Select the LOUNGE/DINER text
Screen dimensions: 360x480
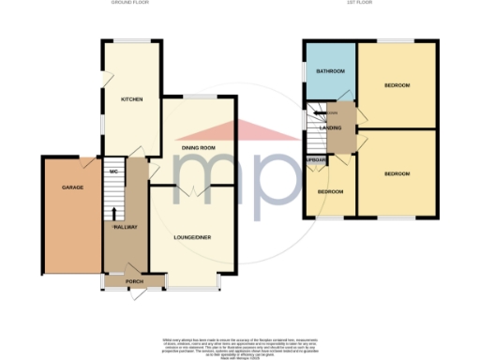point(192,237)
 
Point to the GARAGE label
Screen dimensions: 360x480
point(73,187)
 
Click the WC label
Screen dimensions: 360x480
point(112,172)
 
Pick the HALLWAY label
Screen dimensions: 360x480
point(126,227)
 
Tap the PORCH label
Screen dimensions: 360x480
point(120,280)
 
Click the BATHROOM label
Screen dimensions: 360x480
point(329,72)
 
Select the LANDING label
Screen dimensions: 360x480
point(331,127)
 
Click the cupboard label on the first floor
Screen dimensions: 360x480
point(316,160)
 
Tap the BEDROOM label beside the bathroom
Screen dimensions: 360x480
point(397,85)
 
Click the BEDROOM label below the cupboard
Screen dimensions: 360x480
point(329,191)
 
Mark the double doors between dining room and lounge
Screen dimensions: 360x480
point(192,190)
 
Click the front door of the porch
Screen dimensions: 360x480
point(139,293)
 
